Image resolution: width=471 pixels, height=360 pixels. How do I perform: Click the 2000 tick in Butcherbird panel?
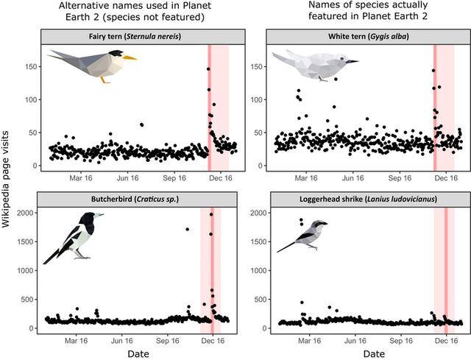pyautogui.click(x=29, y=213)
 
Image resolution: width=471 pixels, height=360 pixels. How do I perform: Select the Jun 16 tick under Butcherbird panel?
pyautogui.click(x=127, y=341)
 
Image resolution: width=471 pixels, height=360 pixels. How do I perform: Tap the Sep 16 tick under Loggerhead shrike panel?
pyautogui.click(x=400, y=341)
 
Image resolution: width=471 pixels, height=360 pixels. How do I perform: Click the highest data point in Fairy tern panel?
pyautogui.click(x=208, y=69)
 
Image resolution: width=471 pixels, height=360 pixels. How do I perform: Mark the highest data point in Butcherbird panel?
pyautogui.click(x=212, y=214)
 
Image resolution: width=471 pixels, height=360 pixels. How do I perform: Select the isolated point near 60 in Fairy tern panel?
pyautogui.click(x=141, y=125)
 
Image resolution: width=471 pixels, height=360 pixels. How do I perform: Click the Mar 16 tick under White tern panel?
pyautogui.click(x=305, y=178)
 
